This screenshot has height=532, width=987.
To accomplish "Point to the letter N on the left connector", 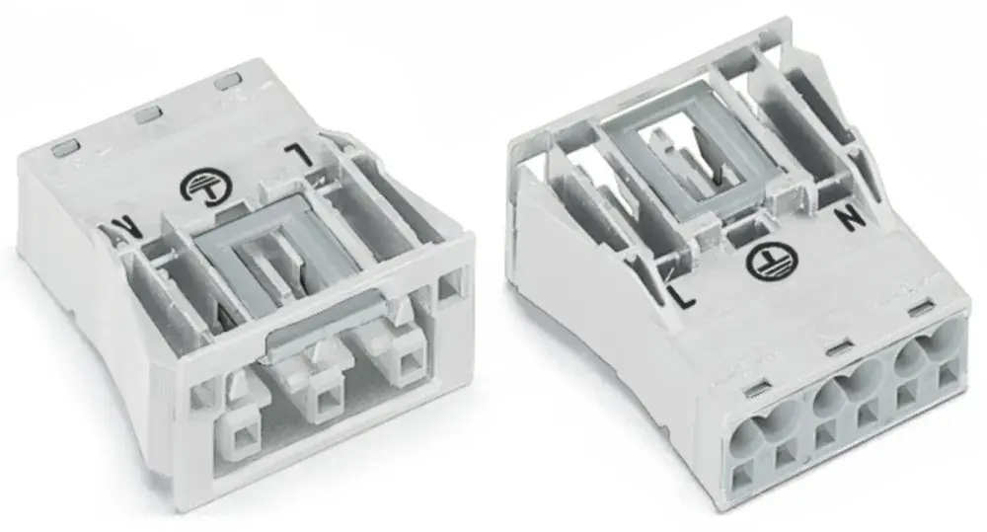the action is (123, 225).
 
